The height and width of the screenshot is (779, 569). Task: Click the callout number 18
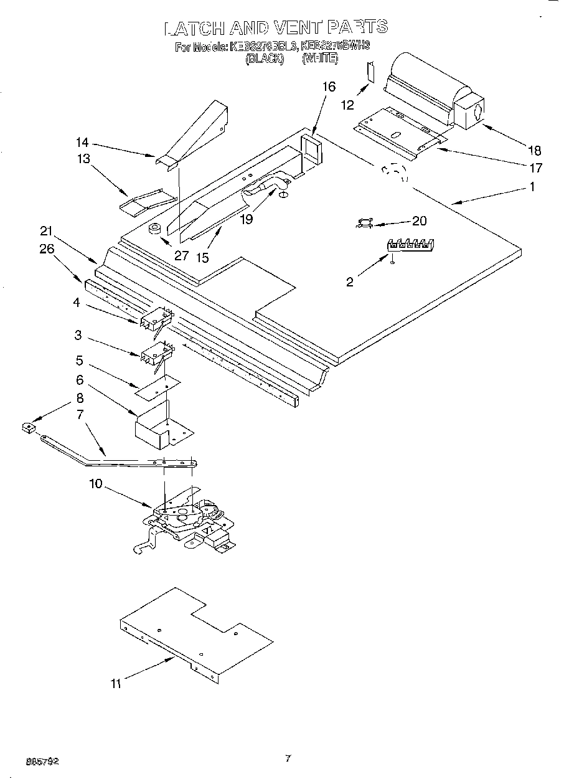(534, 150)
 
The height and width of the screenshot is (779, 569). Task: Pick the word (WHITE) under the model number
(320, 59)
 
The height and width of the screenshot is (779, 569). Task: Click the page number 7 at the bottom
(287, 758)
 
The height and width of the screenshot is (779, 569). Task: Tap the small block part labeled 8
(27, 428)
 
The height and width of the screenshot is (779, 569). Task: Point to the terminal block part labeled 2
(410, 244)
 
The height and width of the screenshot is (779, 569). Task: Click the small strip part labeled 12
(370, 72)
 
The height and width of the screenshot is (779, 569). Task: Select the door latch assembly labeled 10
(187, 521)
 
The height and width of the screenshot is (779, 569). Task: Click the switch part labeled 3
(154, 356)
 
